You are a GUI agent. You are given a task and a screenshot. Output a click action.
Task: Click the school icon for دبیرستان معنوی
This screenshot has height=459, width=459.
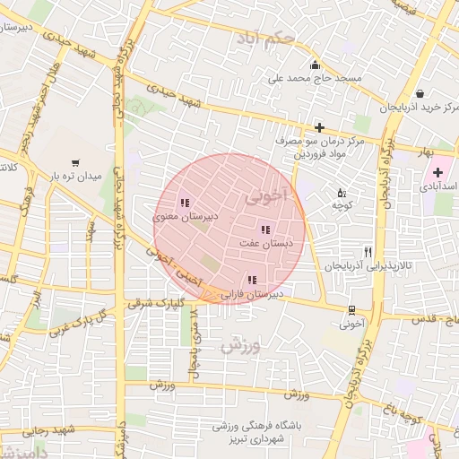[185, 203]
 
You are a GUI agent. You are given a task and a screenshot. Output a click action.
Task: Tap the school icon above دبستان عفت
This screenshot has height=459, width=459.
[264, 229]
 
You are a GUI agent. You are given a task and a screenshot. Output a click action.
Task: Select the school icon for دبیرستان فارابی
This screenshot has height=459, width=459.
[252, 281]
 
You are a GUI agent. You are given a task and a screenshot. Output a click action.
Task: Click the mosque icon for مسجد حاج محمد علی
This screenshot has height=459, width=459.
[314, 65]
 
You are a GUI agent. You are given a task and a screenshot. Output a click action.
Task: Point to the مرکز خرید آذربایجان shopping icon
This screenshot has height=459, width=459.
[420, 93]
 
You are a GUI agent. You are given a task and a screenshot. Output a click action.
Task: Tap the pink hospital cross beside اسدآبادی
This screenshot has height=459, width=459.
[437, 172]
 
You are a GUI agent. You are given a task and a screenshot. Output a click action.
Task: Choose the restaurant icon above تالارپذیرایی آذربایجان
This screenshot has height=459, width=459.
[368, 253]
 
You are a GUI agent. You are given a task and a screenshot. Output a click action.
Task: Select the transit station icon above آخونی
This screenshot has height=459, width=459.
[351, 310]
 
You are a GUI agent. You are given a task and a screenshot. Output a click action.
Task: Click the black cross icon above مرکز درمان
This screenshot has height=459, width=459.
[319, 128]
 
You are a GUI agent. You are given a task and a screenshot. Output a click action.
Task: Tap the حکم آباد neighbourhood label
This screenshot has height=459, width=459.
[266, 39]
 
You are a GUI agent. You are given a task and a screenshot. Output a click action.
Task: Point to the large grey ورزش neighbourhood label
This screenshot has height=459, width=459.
[239, 344]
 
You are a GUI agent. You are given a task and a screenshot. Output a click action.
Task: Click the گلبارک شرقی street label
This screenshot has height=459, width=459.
[154, 303]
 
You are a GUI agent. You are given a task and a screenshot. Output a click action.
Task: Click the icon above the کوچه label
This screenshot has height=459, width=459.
[341, 192]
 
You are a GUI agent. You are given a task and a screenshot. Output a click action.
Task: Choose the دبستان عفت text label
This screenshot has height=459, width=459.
[264, 243]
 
